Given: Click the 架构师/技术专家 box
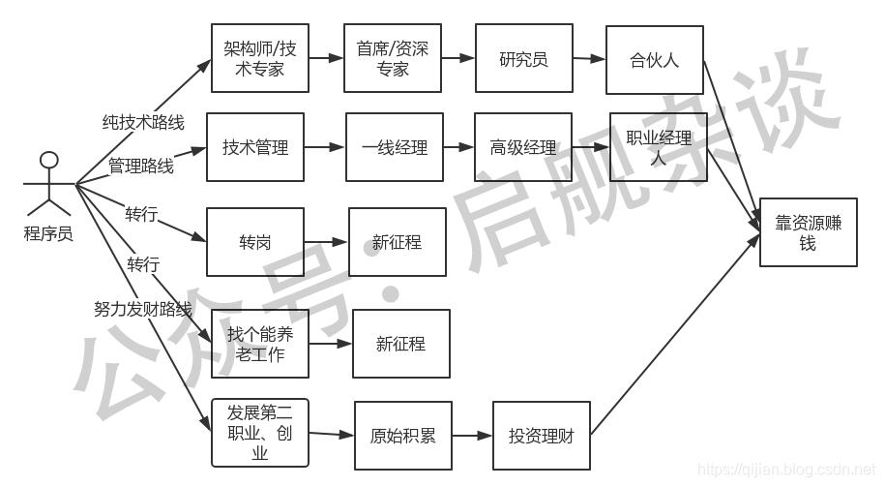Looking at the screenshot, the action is point(259,58).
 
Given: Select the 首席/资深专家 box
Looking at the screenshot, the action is point(393,58).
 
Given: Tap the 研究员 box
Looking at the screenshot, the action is point(524,58).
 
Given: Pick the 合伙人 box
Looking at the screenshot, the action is point(654,59).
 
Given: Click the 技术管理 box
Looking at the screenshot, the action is point(255,147).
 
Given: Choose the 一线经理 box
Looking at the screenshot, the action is point(395,147).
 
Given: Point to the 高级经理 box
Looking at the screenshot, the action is point(523,147).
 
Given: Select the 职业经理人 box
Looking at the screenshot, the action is point(658,147).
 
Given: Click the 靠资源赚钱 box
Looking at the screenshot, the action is point(809,232).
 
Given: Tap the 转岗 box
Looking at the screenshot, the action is point(255,242).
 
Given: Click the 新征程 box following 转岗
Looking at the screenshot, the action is point(398,242).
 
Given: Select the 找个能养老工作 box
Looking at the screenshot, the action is point(259,344).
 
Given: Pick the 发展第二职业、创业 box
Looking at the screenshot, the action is point(259,433).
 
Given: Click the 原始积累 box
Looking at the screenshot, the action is point(403,436).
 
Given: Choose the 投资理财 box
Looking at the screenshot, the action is point(542,436).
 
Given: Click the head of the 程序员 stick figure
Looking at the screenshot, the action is point(49,160).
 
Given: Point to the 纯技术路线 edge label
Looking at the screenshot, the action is point(143,122).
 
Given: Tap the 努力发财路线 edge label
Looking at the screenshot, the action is point(143,309).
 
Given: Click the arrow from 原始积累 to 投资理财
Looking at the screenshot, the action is point(472,436).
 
